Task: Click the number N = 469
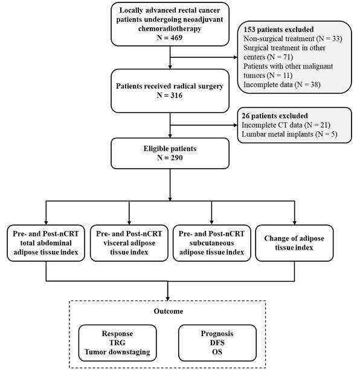coord(170,37)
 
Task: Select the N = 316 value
coord(170,96)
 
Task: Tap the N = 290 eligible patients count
coord(170,158)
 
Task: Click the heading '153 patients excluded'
coord(278,30)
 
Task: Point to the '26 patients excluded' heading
coord(275,116)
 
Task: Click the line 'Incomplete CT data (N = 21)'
coord(286,125)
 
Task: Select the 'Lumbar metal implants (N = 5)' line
coord(289,134)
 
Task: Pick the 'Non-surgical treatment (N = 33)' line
coord(293,39)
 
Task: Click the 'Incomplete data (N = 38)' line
coord(282,85)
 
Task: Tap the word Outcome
coord(169,311)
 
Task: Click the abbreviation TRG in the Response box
coord(117,343)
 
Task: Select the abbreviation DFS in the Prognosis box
coord(217,343)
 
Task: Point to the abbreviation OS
coord(217,352)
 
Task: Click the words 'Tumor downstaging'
coord(117,352)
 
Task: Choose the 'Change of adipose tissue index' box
coord(294,243)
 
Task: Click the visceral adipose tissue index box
coord(129,243)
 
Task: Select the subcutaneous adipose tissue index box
coord(211,243)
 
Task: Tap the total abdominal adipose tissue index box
coord(46,243)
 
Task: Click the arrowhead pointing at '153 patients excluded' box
coord(236,57)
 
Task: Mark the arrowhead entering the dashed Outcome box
coord(168,299)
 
